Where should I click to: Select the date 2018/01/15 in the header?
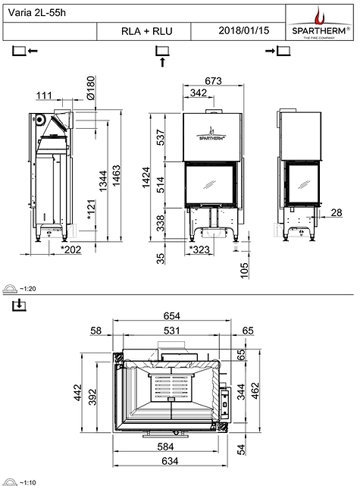(238, 31)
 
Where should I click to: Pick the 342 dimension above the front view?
(198, 92)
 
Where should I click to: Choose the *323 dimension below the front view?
(199, 248)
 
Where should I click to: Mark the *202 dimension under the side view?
(71, 248)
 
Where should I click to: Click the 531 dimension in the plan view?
(174, 331)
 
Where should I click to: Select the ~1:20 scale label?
(29, 289)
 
